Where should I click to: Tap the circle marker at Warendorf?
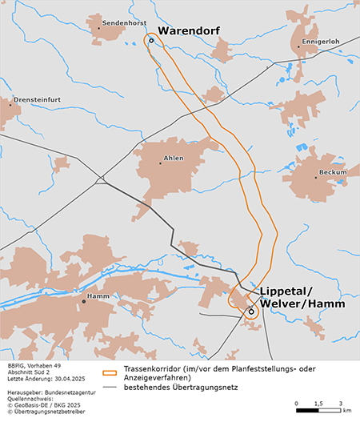click(x=151, y=41)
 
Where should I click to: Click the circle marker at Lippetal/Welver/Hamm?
click(x=250, y=311)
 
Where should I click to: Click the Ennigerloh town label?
click(x=319, y=39)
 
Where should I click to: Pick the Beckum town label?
click(x=332, y=172)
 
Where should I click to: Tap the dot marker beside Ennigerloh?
click(x=298, y=46)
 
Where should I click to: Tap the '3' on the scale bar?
click(x=341, y=404)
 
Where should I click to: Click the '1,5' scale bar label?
click(x=318, y=404)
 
